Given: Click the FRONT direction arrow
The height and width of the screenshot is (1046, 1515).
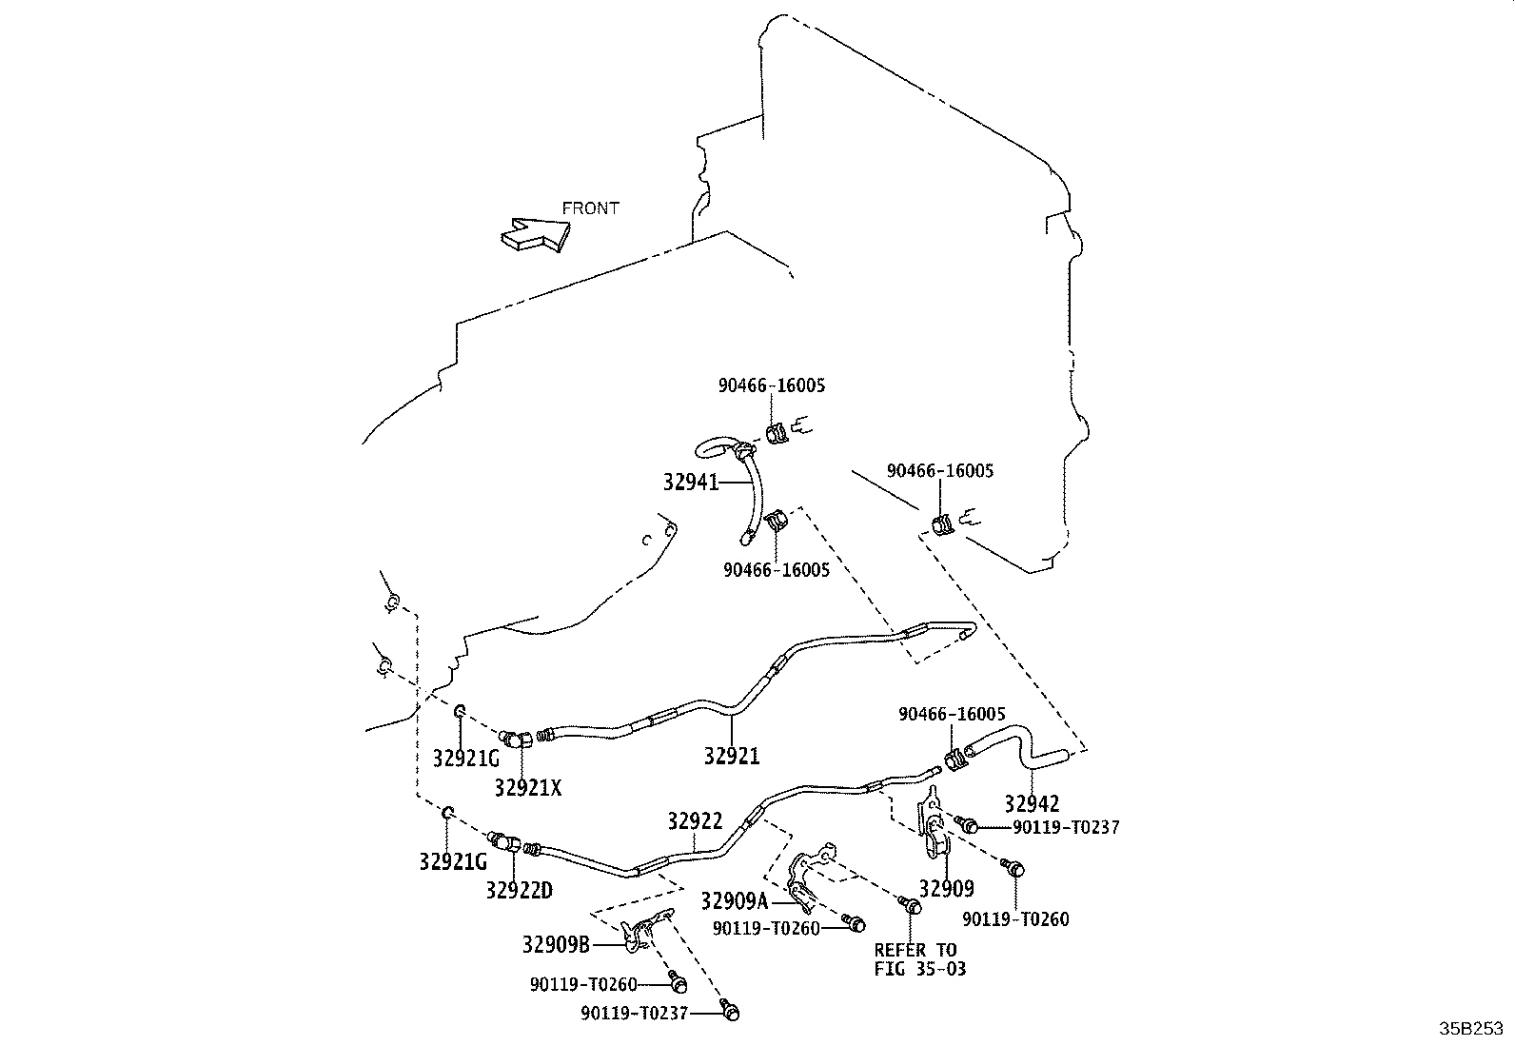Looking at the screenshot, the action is click(x=536, y=235).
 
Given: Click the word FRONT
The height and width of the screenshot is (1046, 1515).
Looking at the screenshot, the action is click(x=590, y=208).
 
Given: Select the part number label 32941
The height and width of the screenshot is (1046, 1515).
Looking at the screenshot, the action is click(x=691, y=483).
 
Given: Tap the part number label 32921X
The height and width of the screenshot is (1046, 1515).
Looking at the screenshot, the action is click(x=527, y=788).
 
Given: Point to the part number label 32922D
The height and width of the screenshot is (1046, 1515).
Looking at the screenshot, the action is click(x=520, y=891).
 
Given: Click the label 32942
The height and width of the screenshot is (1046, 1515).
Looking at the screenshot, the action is click(x=1032, y=804).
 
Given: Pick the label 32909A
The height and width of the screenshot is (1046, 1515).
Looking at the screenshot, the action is click(x=735, y=901).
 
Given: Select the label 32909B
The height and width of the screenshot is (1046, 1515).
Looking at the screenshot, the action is click(x=556, y=944).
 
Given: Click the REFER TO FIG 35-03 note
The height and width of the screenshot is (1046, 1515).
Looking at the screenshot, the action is click(x=920, y=959).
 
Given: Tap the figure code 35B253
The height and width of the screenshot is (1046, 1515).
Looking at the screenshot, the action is click(x=1470, y=1029).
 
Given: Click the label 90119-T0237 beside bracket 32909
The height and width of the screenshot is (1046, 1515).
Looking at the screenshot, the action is click(x=1066, y=827).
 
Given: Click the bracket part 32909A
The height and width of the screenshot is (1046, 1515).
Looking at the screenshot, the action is click(x=813, y=877).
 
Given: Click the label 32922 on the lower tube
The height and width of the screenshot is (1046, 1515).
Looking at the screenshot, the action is click(x=696, y=821).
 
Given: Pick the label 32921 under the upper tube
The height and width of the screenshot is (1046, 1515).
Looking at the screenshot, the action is click(x=732, y=756).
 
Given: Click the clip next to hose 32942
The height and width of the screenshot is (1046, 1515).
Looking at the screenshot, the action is click(x=954, y=760).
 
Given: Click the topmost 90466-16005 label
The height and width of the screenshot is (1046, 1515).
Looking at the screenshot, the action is click(x=772, y=385).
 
